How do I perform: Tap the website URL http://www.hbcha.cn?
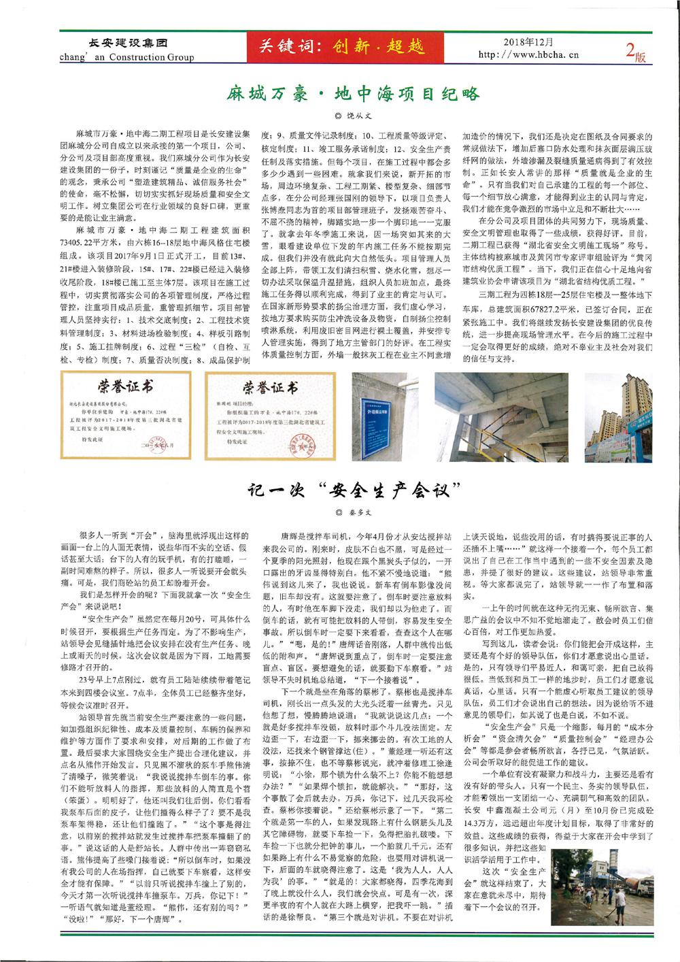[x=528, y=54]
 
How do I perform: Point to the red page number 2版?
[x=634, y=51]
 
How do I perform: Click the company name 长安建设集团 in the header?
[x=128, y=43]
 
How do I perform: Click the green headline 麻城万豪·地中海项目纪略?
[x=353, y=93]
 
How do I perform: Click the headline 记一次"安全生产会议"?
[x=353, y=490]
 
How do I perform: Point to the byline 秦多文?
[x=354, y=512]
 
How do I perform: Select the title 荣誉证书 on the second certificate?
[x=270, y=388]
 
